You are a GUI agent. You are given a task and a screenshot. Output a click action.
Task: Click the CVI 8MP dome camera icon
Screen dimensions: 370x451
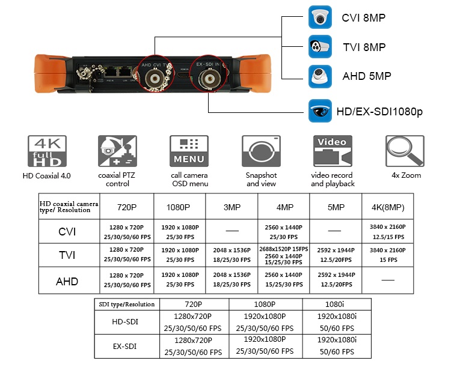(320, 17)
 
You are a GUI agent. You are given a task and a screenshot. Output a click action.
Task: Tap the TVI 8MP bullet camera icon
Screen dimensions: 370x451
(320, 47)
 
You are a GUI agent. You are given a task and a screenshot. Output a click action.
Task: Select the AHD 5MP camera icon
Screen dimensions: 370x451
(320, 76)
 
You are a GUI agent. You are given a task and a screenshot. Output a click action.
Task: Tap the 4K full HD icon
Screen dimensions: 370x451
(47, 151)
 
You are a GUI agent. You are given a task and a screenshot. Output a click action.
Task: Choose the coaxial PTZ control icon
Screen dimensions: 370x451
(117, 151)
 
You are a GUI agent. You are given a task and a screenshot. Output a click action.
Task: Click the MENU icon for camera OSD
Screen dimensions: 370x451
(189, 151)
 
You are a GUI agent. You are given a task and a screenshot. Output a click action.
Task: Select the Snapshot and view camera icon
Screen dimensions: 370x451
(261, 151)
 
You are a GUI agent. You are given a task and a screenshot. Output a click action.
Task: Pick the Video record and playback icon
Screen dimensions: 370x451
(333, 151)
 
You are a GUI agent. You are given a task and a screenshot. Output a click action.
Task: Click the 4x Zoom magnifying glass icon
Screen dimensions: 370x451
(404, 151)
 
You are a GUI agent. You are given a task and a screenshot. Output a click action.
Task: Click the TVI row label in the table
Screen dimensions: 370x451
(67, 255)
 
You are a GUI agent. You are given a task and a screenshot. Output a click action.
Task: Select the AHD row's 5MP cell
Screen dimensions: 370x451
(336, 279)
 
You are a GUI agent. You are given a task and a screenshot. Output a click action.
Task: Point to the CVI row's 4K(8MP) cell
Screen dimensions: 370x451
(387, 231)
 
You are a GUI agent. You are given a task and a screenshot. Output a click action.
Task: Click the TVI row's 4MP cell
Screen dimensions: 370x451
(284, 255)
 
